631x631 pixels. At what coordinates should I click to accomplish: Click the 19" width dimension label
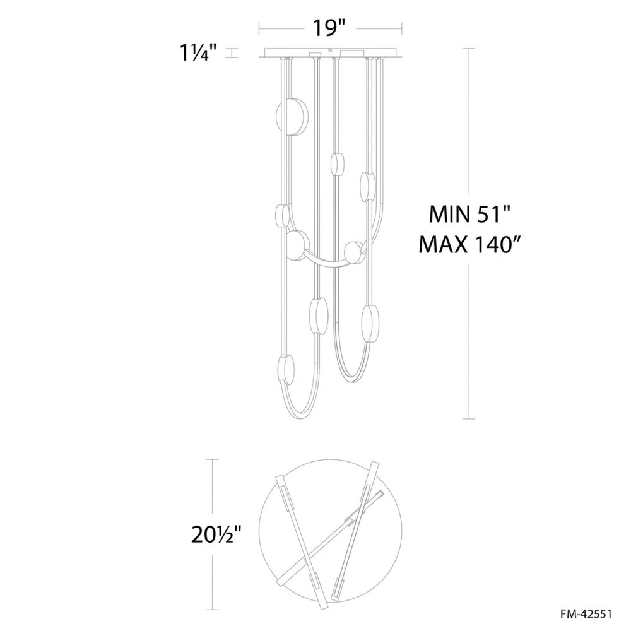(x=329, y=28)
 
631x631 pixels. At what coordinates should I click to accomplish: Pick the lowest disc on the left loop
(x=286, y=371)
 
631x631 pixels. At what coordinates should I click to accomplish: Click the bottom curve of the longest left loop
(x=302, y=418)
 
